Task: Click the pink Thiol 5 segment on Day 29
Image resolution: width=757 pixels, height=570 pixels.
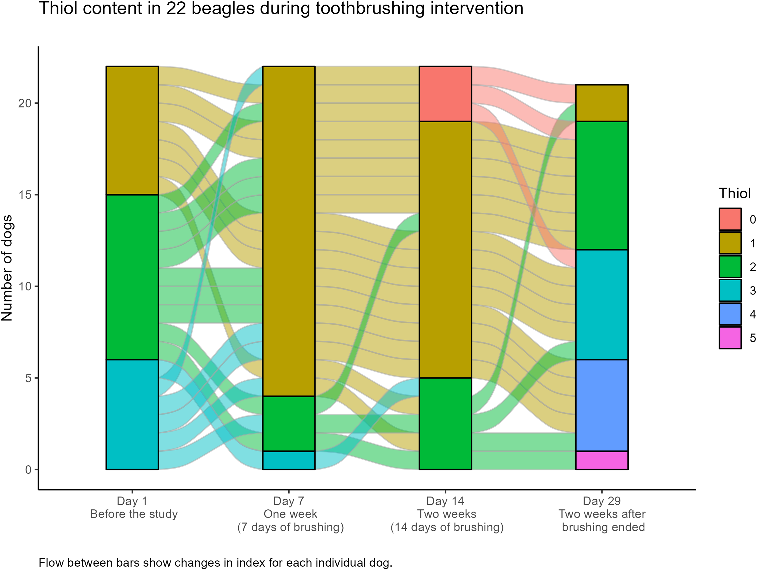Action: tap(602, 460)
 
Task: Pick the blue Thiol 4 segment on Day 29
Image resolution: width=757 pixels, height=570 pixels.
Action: tap(602, 405)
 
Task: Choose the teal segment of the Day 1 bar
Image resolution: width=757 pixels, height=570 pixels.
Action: tap(132, 414)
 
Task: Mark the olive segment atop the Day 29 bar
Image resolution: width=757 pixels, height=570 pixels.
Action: tap(602, 103)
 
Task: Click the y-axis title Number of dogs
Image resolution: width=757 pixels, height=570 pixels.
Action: tap(7, 268)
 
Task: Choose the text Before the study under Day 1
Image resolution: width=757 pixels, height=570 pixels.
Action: tap(134, 514)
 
